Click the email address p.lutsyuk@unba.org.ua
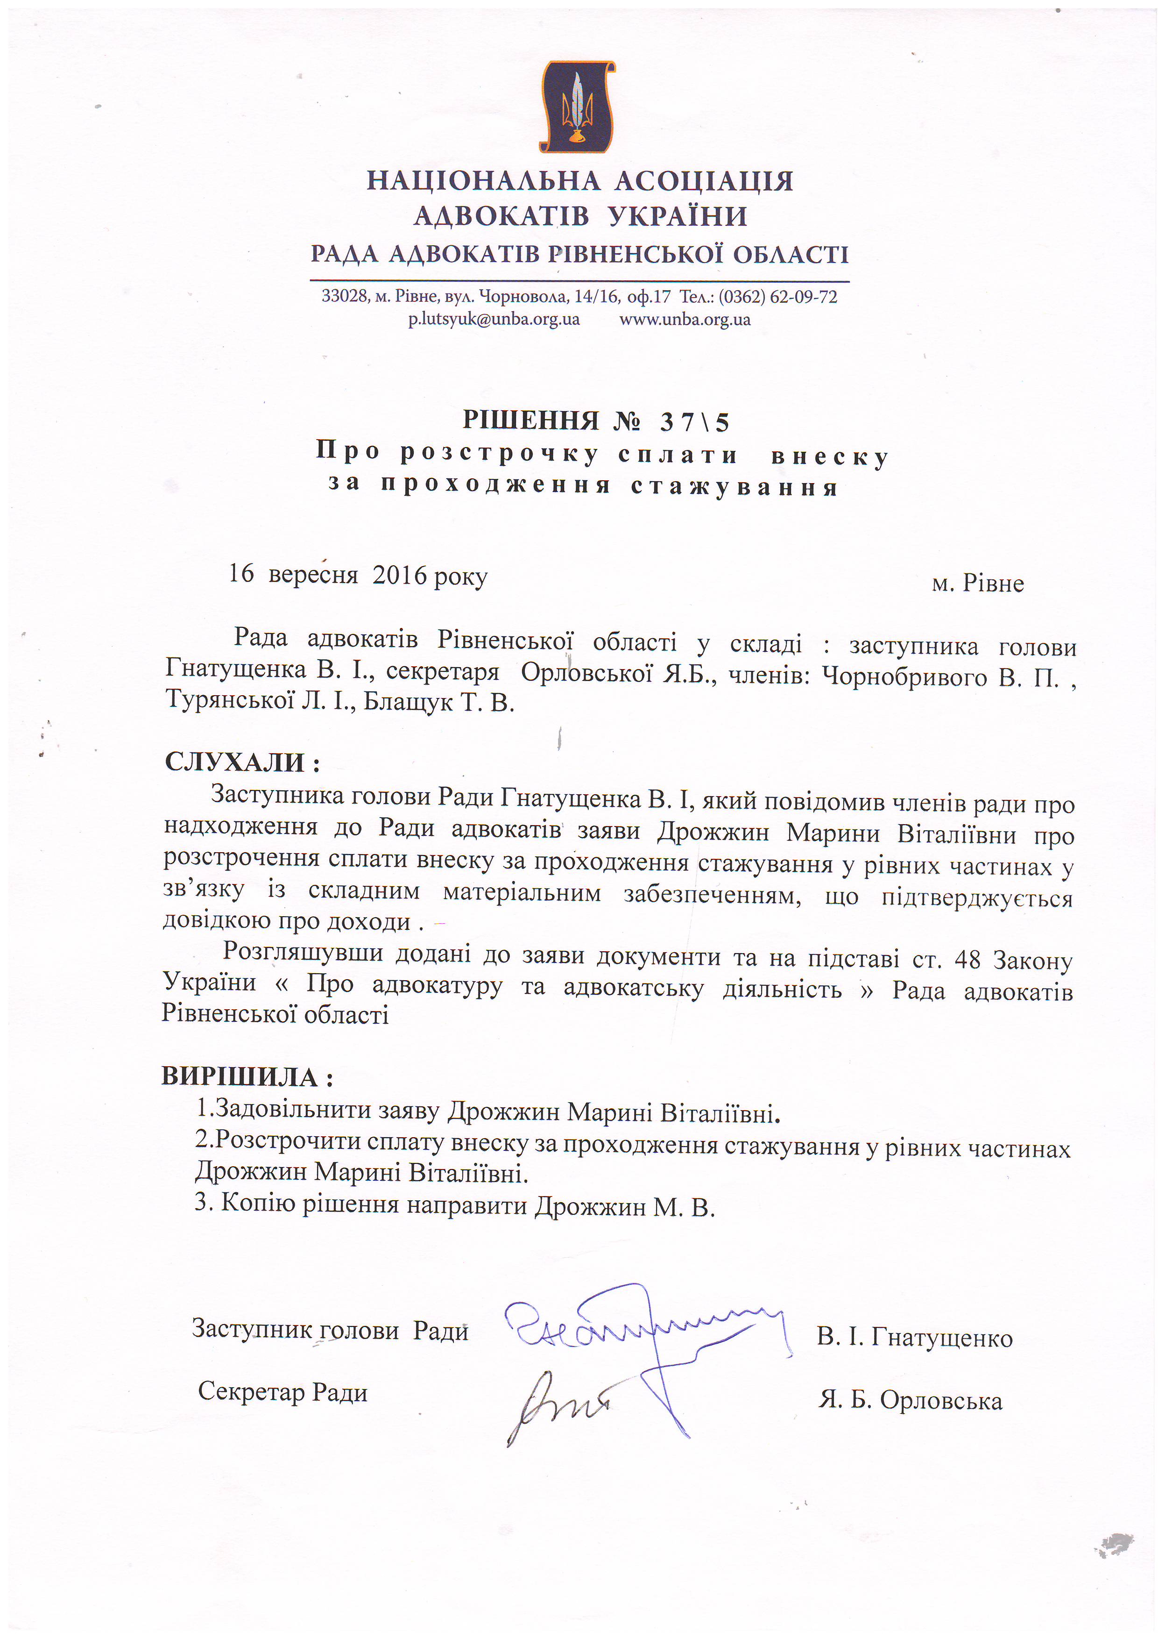coord(494,319)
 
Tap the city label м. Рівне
coord(977,584)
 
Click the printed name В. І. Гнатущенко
coord(915,1337)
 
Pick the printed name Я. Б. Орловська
coord(911,1401)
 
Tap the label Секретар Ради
coord(282,1391)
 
